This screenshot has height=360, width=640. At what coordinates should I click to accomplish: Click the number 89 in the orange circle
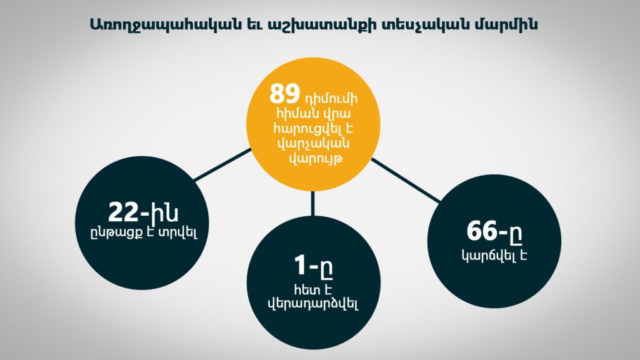click(284, 94)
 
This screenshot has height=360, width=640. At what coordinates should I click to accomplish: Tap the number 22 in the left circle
click(124, 212)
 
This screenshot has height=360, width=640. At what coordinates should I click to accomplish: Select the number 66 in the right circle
click(482, 231)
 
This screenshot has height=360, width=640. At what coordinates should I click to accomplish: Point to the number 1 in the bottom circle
click(300, 265)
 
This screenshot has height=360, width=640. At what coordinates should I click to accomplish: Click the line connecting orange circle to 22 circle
click(222, 164)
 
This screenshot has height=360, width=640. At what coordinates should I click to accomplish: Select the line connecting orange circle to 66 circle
click(406, 181)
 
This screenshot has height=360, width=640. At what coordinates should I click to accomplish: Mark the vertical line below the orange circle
click(313, 203)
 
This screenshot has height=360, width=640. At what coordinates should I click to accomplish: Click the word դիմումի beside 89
click(331, 99)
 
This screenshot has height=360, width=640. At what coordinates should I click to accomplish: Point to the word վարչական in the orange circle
click(314, 144)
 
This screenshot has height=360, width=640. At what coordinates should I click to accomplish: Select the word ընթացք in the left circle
click(116, 234)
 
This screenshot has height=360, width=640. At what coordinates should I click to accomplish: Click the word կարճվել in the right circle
click(486, 255)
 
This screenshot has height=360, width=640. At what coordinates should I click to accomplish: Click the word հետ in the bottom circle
click(304, 289)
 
